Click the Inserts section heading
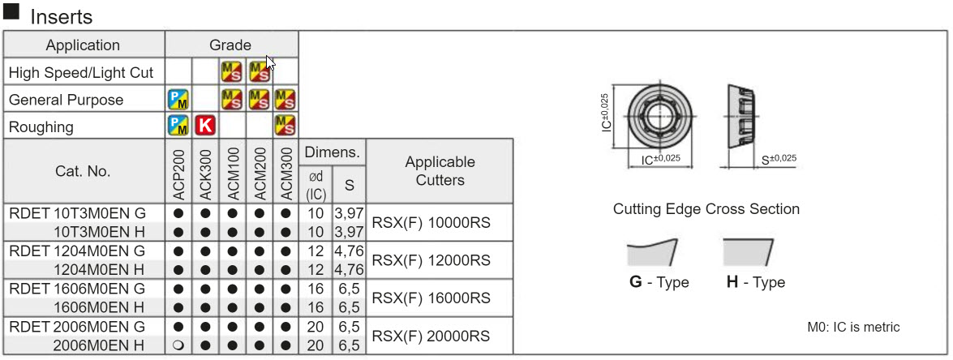pos(61,16)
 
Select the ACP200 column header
pos(178,172)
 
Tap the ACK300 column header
pos(205,172)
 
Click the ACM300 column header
pos(285,172)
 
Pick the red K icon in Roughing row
pos(205,126)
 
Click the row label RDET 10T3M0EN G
pos(77,213)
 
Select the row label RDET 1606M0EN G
pos(77,289)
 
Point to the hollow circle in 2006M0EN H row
pos(178,345)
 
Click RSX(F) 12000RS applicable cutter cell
pos(431,260)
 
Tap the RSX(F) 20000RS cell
pos(431,336)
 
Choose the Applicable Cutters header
pos(440,171)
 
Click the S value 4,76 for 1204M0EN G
pos(350,251)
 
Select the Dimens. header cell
pos(333,152)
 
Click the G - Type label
pos(659,282)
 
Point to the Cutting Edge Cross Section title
pos(706,209)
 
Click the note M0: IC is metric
pos(853,327)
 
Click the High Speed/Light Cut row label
pos(81,73)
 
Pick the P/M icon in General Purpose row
pos(178,100)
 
